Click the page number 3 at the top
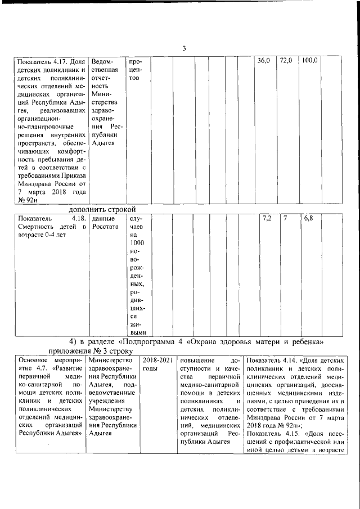[x=183, y=48]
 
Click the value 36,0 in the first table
[x=264, y=60]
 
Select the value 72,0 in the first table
[x=286, y=60]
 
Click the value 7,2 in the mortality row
[x=268, y=218]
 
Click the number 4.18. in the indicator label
[x=75, y=218]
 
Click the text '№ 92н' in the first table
[x=28, y=199]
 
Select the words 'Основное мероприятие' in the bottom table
[x=51, y=364]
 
